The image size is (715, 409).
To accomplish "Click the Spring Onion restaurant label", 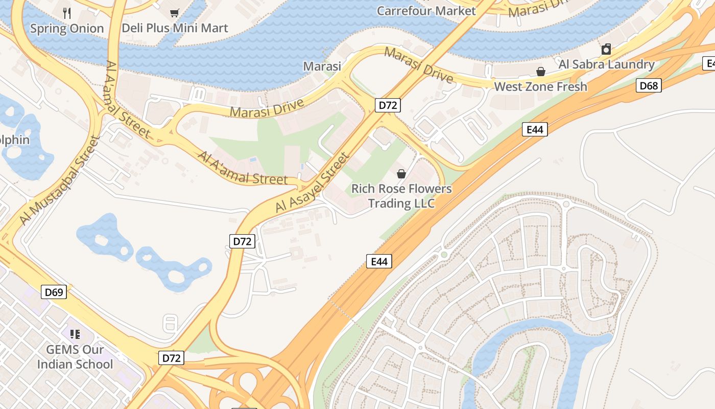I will coord(67,29).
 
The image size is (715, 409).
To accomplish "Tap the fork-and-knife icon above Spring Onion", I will coord(67,13).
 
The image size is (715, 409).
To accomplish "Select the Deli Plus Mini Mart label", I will coord(175,28).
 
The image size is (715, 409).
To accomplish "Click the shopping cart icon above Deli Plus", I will coord(175,13).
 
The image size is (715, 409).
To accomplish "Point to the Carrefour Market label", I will coord(426,11).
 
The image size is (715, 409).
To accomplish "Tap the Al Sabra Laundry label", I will coord(606,64).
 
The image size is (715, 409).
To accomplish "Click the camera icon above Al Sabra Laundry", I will coord(606,49).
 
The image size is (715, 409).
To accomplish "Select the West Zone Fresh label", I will coord(540,86).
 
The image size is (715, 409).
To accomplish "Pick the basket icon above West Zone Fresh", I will coord(540,71).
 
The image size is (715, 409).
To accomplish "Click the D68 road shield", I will coord(649,85).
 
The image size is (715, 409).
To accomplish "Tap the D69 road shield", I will coord(54,292).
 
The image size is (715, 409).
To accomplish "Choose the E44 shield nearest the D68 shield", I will coord(535,130).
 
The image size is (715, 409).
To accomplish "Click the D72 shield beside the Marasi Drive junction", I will coord(388,106).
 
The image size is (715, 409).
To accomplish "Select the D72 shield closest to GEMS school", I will coord(171,358).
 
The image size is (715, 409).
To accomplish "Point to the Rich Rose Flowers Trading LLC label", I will coord(401,196).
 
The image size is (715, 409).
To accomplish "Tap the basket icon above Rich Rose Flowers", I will coord(401,174).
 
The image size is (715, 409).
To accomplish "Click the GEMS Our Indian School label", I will coord(75,357).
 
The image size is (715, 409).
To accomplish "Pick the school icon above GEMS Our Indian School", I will coord(75,334).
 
